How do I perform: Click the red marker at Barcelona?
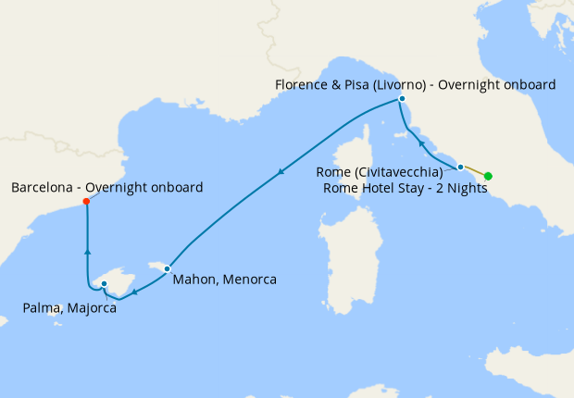pos(86,201)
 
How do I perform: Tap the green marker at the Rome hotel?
pos(488,176)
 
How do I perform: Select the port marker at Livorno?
pos(402,99)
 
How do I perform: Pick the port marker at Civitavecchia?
pos(460,168)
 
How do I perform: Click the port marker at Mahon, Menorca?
pos(167,268)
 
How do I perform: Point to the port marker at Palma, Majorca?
pos(104,284)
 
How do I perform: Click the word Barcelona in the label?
pos(44,188)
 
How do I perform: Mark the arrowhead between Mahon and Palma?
pos(134,292)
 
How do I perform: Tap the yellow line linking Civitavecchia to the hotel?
pos(474,171)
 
